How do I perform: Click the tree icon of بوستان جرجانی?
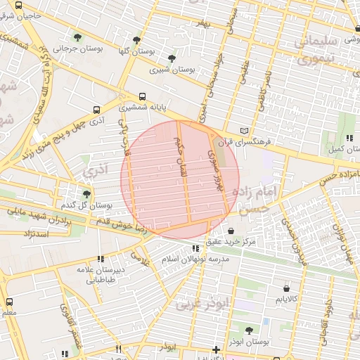pos(77,37)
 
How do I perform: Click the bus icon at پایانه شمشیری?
pos(143,96)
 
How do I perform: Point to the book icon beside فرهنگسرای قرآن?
pos(244,131)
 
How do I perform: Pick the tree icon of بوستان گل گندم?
pos(87,193)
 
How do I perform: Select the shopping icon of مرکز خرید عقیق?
pos(231,230)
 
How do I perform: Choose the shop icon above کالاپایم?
pos(285,288)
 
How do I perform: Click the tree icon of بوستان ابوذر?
pos(250,330)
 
